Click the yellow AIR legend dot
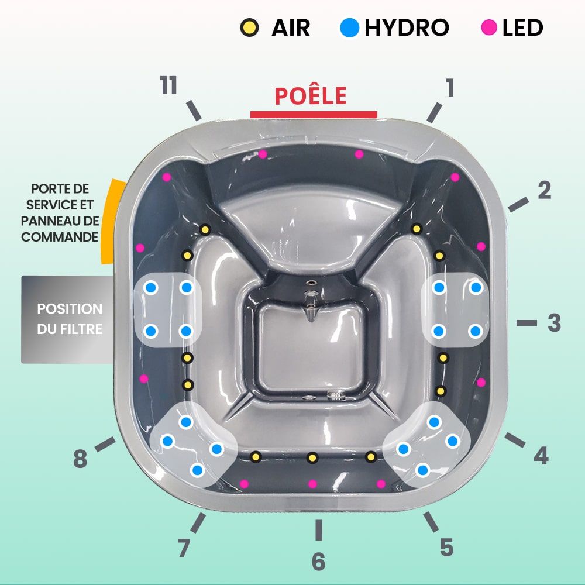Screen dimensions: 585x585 point(250,27)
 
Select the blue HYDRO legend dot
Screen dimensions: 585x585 point(350,27)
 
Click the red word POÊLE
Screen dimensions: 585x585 point(311,95)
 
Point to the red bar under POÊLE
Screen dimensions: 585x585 point(314,114)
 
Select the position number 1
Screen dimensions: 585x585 point(449,88)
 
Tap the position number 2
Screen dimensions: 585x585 point(544,190)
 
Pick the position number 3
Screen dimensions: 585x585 point(554,323)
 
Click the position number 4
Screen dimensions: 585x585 point(541,455)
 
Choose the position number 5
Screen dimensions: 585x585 point(446,547)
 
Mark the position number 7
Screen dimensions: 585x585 point(184,548)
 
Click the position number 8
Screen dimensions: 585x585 point(80,459)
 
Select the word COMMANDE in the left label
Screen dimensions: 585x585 point(60,238)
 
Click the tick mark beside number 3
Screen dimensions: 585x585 point(526,323)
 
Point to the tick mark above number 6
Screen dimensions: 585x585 point(318,530)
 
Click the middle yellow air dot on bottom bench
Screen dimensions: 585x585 point(313,457)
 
